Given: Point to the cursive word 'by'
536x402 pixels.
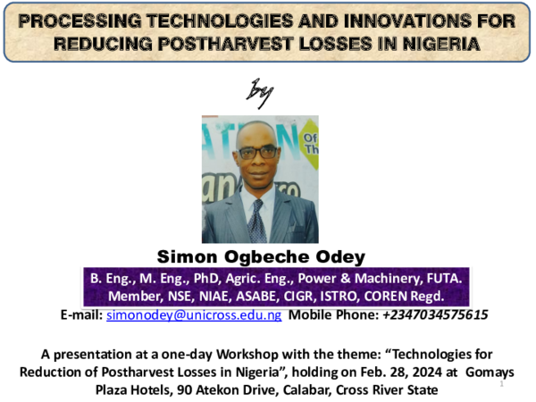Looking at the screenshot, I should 259,92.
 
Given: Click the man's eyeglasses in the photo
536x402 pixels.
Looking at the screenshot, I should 257,153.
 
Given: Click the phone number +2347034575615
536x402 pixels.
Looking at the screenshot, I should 435,315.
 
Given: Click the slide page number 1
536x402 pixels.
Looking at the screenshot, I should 502,384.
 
